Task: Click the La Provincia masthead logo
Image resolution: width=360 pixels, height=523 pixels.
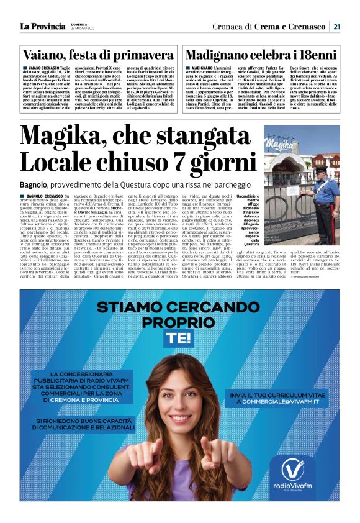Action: click(42, 26)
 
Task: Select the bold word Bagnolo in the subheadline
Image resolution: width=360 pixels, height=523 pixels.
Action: click(34, 184)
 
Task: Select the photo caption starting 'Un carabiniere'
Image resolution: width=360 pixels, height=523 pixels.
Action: click(248, 223)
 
